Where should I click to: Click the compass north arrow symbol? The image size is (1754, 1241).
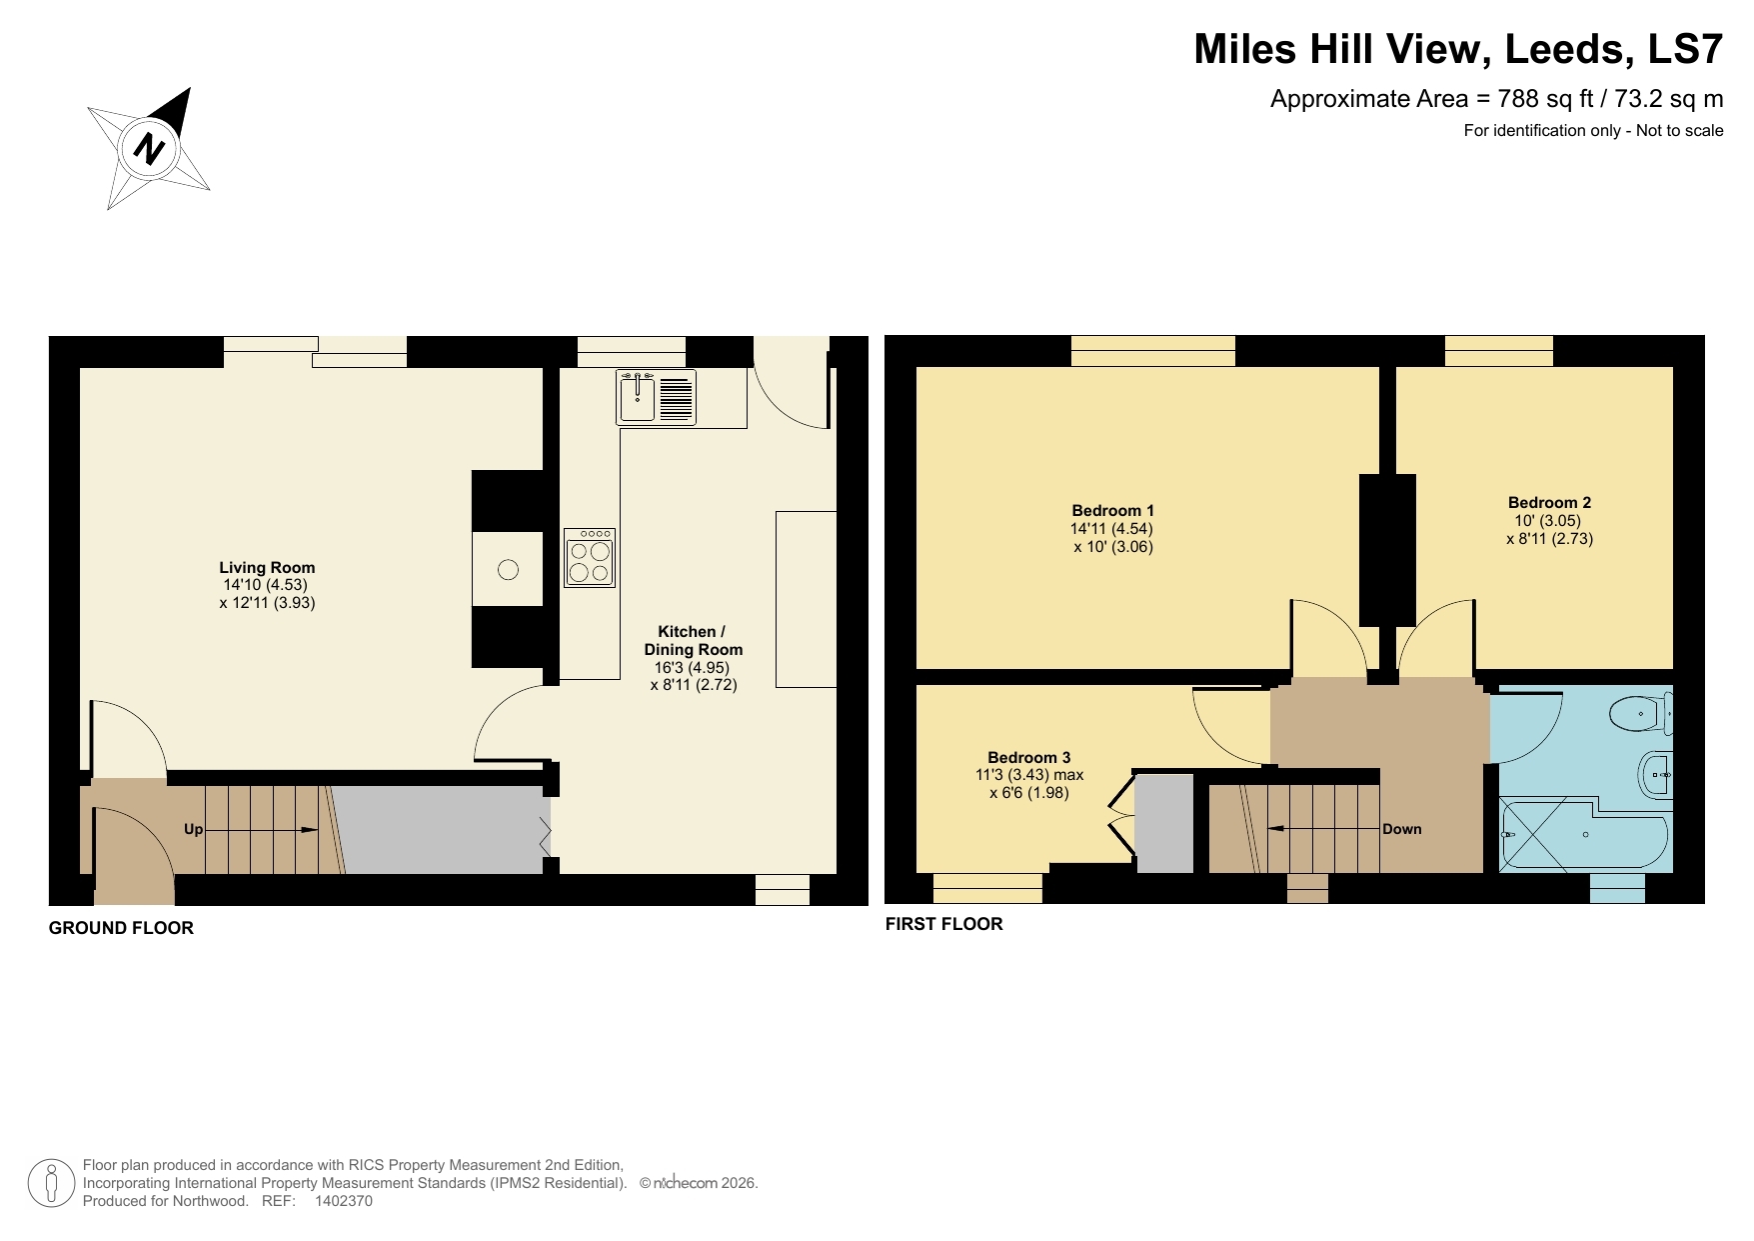(x=150, y=149)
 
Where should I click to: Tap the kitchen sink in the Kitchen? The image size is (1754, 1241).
(x=637, y=397)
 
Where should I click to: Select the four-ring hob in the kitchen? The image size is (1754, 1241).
(x=589, y=559)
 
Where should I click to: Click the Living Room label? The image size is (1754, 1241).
(x=267, y=567)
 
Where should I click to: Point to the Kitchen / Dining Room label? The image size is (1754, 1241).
(x=693, y=640)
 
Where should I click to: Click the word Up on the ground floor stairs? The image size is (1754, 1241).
(x=193, y=829)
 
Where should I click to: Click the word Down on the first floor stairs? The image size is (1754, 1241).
(x=1401, y=829)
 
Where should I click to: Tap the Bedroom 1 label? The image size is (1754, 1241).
(x=1112, y=510)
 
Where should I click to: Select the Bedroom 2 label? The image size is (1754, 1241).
(x=1549, y=502)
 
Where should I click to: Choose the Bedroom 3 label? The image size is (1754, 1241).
(x=1028, y=757)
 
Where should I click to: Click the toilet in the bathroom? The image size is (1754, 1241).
(x=1639, y=714)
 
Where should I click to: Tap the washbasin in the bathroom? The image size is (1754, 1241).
(x=1656, y=775)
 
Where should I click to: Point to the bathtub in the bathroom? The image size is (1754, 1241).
(x=1584, y=836)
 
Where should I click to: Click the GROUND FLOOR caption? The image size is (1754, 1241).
(x=121, y=928)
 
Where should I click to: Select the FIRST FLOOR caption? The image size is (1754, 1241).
(x=943, y=924)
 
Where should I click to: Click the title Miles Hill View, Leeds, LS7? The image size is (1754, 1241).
(x=1457, y=49)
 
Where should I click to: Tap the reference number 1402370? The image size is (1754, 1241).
(x=343, y=1201)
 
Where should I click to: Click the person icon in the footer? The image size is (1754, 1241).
(x=51, y=1183)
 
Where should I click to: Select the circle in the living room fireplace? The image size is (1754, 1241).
(x=508, y=570)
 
